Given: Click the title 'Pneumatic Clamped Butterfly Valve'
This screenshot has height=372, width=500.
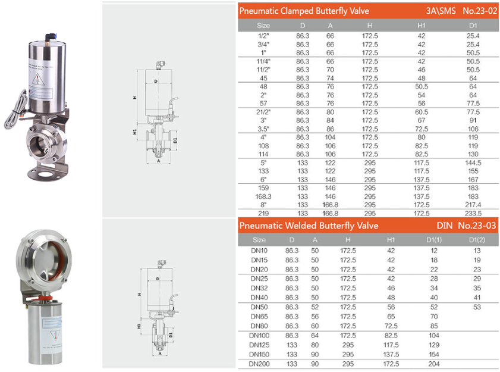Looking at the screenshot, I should tap(304, 11).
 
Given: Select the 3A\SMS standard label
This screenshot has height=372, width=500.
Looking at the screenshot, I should tap(441, 11).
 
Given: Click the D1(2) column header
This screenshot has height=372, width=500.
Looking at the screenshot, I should tap(477, 240).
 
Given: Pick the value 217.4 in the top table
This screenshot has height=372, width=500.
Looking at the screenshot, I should tap(473, 204).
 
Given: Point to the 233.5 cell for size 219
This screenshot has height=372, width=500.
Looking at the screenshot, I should tap(473, 213).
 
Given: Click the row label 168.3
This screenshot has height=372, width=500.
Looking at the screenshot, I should tap(263, 196).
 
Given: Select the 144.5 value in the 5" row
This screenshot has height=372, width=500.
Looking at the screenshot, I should tap(473, 162).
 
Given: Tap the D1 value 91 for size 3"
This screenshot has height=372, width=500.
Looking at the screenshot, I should tap(473, 120).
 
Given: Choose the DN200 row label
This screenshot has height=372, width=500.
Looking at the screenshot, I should tap(259, 363).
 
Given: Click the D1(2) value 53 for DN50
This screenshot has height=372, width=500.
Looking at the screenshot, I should tap(477, 307).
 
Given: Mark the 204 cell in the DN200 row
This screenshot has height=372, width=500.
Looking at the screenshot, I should tap(434, 363).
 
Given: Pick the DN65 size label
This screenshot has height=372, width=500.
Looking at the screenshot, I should tap(259, 316).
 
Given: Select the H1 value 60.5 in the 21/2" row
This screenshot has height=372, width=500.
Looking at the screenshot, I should tap(422, 111).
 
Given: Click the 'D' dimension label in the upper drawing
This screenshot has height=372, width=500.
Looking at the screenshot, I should tap(156, 81).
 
